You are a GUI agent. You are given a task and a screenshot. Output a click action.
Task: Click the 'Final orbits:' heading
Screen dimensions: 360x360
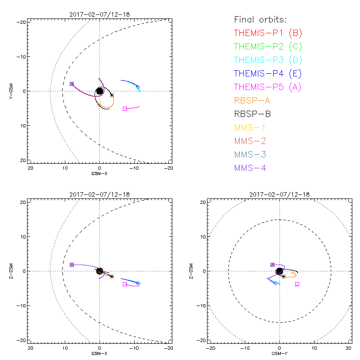click(x=261, y=20)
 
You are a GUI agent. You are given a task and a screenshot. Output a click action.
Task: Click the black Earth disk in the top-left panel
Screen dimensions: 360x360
click(x=100, y=91)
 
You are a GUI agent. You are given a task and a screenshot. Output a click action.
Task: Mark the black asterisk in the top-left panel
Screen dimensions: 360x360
click(x=112, y=95)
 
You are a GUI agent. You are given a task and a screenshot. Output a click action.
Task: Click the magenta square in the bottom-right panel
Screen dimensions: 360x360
click(x=297, y=284)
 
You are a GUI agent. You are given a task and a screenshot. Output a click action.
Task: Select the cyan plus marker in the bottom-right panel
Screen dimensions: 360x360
click(x=279, y=283)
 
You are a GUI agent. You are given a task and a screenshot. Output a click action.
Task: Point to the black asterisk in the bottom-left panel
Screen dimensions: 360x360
click(x=112, y=276)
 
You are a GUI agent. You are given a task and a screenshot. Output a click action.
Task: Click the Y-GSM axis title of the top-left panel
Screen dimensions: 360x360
click(x=12, y=91)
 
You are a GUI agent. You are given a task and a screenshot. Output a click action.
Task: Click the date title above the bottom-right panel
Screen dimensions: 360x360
click(x=279, y=194)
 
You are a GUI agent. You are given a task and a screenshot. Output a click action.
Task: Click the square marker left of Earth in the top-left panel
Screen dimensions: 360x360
click(x=72, y=84)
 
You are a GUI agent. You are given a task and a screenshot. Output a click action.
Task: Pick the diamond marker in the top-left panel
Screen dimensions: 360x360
click(x=138, y=87)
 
